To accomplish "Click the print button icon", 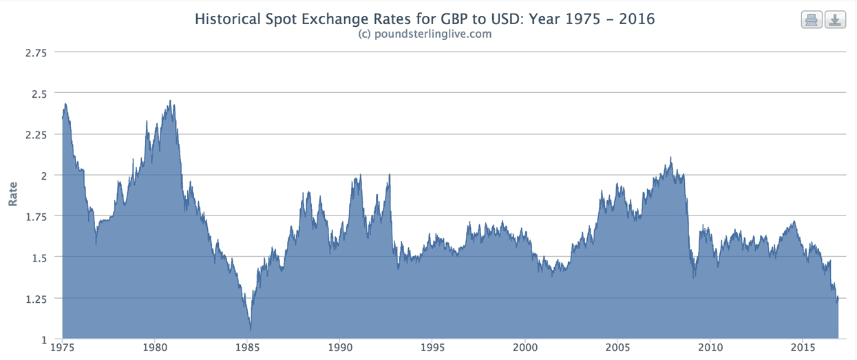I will (x=812, y=20).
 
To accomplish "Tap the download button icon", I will (x=834, y=20).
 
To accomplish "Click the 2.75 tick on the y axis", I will (x=35, y=52).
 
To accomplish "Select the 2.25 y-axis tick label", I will (x=35, y=134).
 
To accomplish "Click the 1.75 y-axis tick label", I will (x=35, y=216).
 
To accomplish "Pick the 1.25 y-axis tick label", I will (x=35, y=298).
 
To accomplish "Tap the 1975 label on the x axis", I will (x=62, y=349).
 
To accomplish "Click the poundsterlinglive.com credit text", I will (x=425, y=34).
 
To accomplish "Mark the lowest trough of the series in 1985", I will (x=251, y=331).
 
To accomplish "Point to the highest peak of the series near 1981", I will (x=169, y=100).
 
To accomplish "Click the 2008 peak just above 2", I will (x=670, y=157).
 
